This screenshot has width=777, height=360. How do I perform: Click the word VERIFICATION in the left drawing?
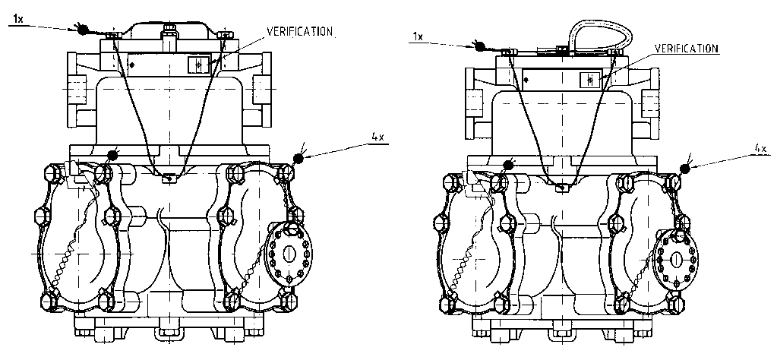pos(300,31)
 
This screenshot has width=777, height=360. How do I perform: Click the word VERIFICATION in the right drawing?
pos(687,49)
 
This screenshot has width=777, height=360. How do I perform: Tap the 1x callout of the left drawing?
pos(17,19)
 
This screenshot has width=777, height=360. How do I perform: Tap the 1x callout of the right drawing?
pos(419,36)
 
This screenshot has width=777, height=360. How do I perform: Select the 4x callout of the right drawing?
pos(760,148)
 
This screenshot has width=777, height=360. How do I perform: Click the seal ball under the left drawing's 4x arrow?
pos(298,158)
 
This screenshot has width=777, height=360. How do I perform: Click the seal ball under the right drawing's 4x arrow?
pos(685,169)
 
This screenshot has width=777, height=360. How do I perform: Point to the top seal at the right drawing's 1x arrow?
pos(480,46)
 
